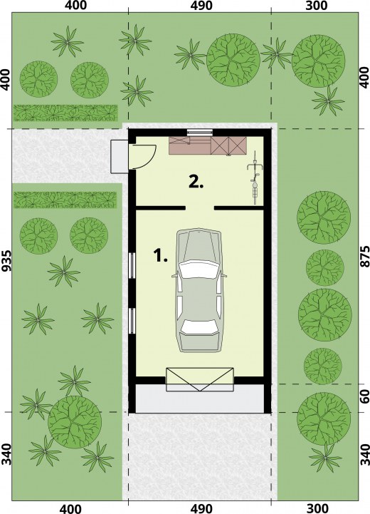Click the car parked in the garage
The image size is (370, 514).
click(x=199, y=291)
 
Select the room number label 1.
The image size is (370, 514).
click(x=160, y=255)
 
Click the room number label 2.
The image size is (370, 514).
click(x=196, y=182)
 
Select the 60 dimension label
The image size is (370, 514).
click(x=364, y=397)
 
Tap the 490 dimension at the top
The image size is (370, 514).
click(x=200, y=5)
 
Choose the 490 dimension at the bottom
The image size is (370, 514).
click(x=200, y=508)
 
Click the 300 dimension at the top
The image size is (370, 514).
click(x=316, y=5)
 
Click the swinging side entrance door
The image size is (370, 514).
click(x=143, y=156)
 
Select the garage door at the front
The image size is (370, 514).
click(x=200, y=379)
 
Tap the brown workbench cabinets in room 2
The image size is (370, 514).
click(x=207, y=145)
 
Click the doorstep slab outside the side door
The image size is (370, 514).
click(x=120, y=156)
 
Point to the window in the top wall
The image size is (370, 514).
click(x=200, y=132)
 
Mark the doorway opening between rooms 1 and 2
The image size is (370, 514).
click(x=200, y=207)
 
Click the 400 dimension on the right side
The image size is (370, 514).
click(x=364, y=78)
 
